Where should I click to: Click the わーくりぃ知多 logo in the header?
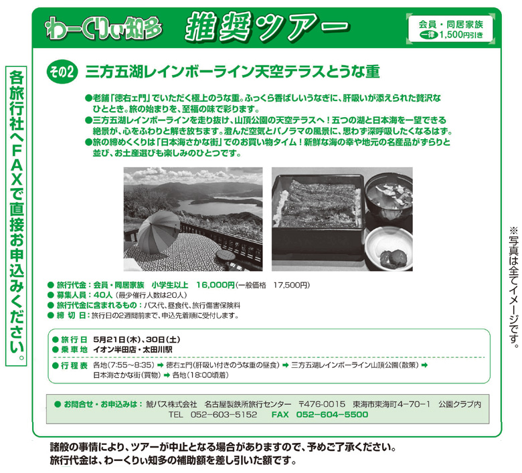(x=104, y=28)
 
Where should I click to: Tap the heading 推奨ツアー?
(x=267, y=27)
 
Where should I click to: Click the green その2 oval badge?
(x=62, y=72)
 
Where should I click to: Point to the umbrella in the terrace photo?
(x=158, y=231)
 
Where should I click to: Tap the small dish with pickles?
(x=391, y=248)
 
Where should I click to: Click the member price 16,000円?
(x=215, y=285)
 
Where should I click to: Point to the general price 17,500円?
(x=291, y=285)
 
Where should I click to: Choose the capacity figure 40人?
(x=103, y=295)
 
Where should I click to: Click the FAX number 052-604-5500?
(x=332, y=414)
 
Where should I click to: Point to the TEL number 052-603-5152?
(x=224, y=414)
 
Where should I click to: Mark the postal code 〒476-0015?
(x=322, y=404)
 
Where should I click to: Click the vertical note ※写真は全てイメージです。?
(x=514, y=287)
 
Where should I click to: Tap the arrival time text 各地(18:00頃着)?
(x=200, y=375)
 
